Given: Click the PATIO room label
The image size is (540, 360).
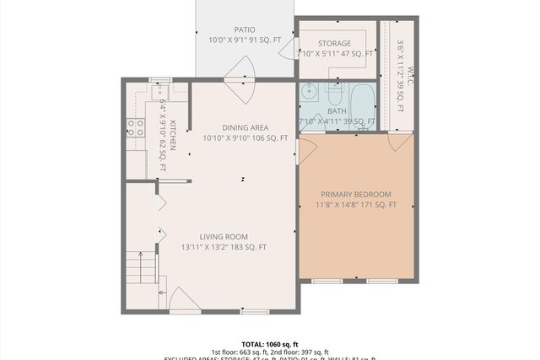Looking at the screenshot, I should pos(244,30).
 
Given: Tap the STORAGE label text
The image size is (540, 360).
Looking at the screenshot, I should pos(334,44).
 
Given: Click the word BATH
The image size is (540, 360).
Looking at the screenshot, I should pos(337,111).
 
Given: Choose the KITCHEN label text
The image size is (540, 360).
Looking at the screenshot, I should pos(172,136).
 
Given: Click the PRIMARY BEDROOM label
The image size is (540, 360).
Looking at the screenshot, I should pos(356,194).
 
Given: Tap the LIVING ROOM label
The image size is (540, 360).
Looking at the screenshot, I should pos(224,236).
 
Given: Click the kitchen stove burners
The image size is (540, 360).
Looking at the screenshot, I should pos(134,127).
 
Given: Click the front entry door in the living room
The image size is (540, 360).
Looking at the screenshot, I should pos(184,300).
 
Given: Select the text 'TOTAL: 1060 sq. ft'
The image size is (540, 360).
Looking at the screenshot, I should pos(270,344).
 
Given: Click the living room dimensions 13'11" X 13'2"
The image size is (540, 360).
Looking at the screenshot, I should pos(224,247).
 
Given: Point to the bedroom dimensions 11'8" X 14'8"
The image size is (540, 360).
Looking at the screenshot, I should pos(356,205).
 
